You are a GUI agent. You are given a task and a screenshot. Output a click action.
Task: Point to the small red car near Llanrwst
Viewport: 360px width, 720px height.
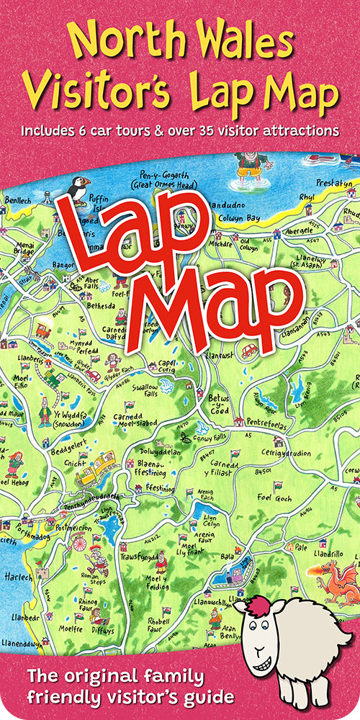coord(249,351)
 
